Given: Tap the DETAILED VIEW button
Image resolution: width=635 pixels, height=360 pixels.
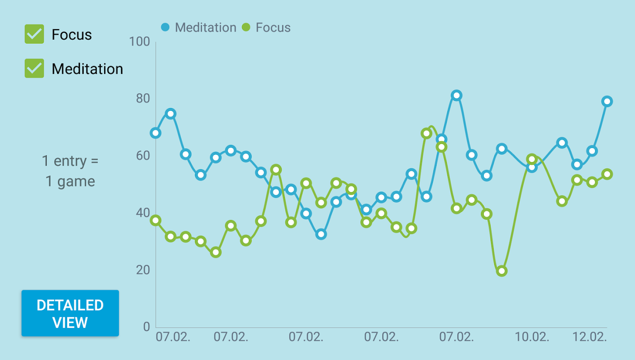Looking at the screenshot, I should tap(70, 314).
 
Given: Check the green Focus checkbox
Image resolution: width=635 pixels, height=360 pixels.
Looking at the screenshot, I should tap(34, 35).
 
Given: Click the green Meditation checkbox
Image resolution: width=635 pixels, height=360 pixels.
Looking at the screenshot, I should tap(34, 68).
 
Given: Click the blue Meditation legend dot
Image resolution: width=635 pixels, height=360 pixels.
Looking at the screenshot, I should tap(165, 27).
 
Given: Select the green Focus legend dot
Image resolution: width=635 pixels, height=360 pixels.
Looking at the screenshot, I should tap(246, 27).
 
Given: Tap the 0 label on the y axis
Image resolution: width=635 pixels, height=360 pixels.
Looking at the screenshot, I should tap(146, 327).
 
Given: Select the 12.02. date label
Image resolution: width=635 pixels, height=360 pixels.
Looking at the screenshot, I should tap(590, 337).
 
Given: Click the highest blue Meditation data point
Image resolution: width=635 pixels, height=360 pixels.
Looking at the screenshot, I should tap(457, 95).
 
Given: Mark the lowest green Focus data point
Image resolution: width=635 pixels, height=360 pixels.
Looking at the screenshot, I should tap(502, 271).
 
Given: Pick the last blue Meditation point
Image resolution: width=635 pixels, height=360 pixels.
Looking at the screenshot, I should tap(607, 101).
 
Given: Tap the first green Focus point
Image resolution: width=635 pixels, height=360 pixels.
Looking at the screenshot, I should tap(156, 220).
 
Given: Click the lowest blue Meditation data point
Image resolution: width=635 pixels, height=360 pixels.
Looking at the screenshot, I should tap(321, 234).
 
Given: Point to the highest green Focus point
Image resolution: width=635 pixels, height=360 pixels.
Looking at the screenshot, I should tap(427, 133).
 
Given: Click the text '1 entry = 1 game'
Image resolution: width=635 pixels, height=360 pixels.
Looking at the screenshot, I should tap(70, 171).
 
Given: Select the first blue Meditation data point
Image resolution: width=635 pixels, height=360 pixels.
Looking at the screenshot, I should tap(156, 133).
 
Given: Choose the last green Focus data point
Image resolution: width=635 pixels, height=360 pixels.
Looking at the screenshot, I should tap(607, 174).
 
